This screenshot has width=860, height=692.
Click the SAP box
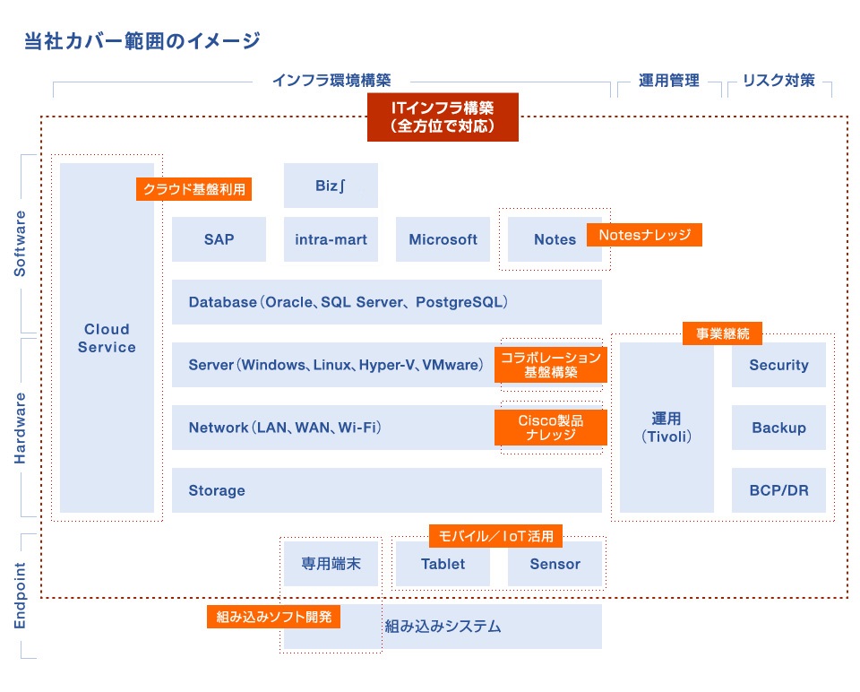(219, 239)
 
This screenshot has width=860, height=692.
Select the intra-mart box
(331, 239)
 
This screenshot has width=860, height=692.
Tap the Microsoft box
(443, 239)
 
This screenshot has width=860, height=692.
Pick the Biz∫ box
(331, 186)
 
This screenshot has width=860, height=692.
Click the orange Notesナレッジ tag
(644, 235)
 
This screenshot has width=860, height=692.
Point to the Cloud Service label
(107, 338)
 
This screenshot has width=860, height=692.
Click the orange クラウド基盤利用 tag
(193, 189)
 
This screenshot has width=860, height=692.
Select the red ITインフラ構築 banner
(443, 117)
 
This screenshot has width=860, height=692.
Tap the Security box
(778, 365)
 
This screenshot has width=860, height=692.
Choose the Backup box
(778, 428)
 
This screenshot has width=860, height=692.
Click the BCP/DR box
(778, 490)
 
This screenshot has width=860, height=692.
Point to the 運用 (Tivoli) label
(666, 428)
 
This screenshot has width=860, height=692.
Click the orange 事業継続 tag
(722, 333)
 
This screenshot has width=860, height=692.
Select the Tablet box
(443, 564)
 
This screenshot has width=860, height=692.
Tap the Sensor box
(555, 564)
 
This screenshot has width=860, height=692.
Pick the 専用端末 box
(331, 564)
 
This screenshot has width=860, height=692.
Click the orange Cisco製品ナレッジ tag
(551, 428)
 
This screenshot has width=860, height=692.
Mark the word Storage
(217, 490)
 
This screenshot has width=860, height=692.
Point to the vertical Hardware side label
(20, 428)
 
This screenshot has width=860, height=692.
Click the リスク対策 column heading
(778, 80)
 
